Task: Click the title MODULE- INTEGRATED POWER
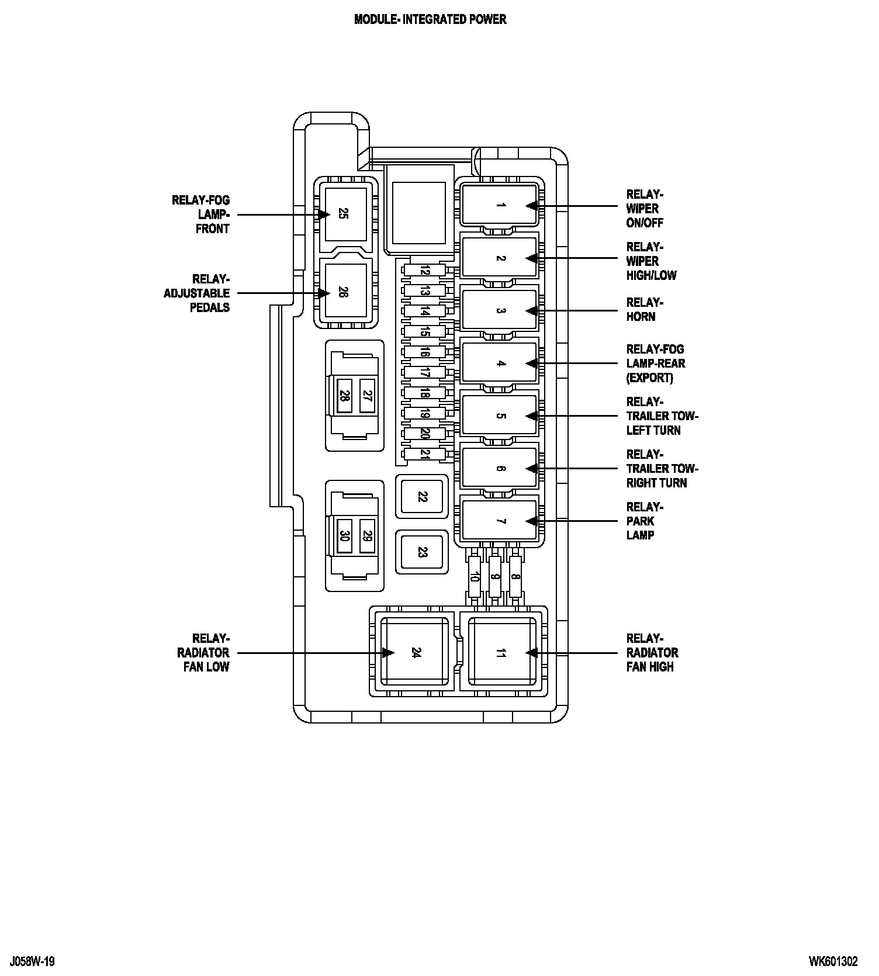click(430, 19)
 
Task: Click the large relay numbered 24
click(415, 652)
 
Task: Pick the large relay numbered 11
click(501, 652)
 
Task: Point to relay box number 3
click(500, 310)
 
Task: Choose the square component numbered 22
click(422, 496)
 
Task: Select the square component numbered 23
click(422, 552)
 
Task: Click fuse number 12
click(425, 271)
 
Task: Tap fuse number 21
click(425, 454)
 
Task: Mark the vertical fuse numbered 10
click(475, 577)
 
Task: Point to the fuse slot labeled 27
click(367, 396)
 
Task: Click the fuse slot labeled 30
click(344, 535)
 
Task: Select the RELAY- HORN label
click(641, 310)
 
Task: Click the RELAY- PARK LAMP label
click(641, 521)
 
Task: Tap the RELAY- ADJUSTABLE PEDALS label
click(197, 293)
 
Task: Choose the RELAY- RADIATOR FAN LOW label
click(203, 652)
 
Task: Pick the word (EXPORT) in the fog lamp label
click(649, 378)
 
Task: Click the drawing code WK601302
click(833, 961)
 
